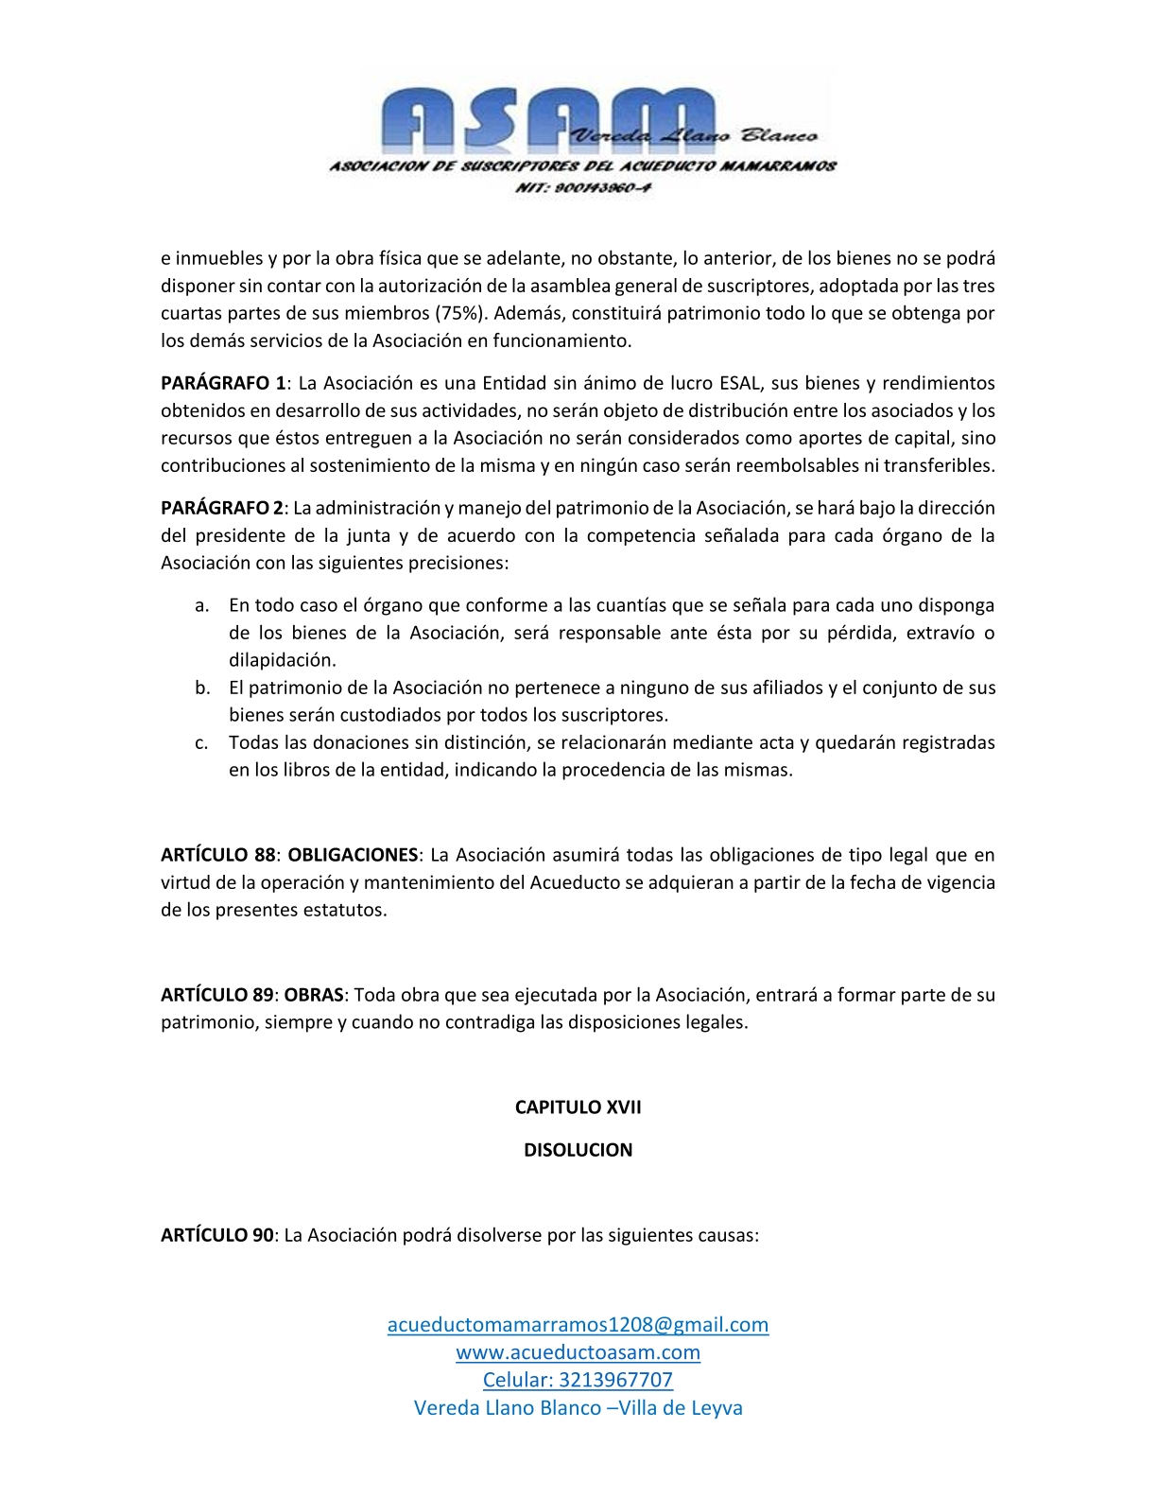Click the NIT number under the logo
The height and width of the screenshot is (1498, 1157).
(583, 187)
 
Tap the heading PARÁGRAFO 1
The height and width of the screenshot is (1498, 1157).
(223, 383)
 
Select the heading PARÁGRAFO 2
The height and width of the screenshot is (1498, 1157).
(222, 508)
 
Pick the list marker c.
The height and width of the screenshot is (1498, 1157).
(201, 742)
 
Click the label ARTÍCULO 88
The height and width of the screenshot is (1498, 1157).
(217, 855)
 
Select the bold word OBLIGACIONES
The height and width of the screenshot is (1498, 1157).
(353, 855)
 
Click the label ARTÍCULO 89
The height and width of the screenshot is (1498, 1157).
(216, 995)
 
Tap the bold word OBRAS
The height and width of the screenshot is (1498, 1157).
(314, 995)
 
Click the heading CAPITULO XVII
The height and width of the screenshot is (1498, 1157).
(578, 1107)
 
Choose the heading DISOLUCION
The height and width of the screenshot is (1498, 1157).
(578, 1150)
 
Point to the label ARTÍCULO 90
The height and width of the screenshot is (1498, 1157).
(216, 1235)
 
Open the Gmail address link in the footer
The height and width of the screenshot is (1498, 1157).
(578, 1324)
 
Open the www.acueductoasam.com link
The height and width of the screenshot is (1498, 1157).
(578, 1352)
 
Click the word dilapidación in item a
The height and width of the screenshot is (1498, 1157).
(282, 660)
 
